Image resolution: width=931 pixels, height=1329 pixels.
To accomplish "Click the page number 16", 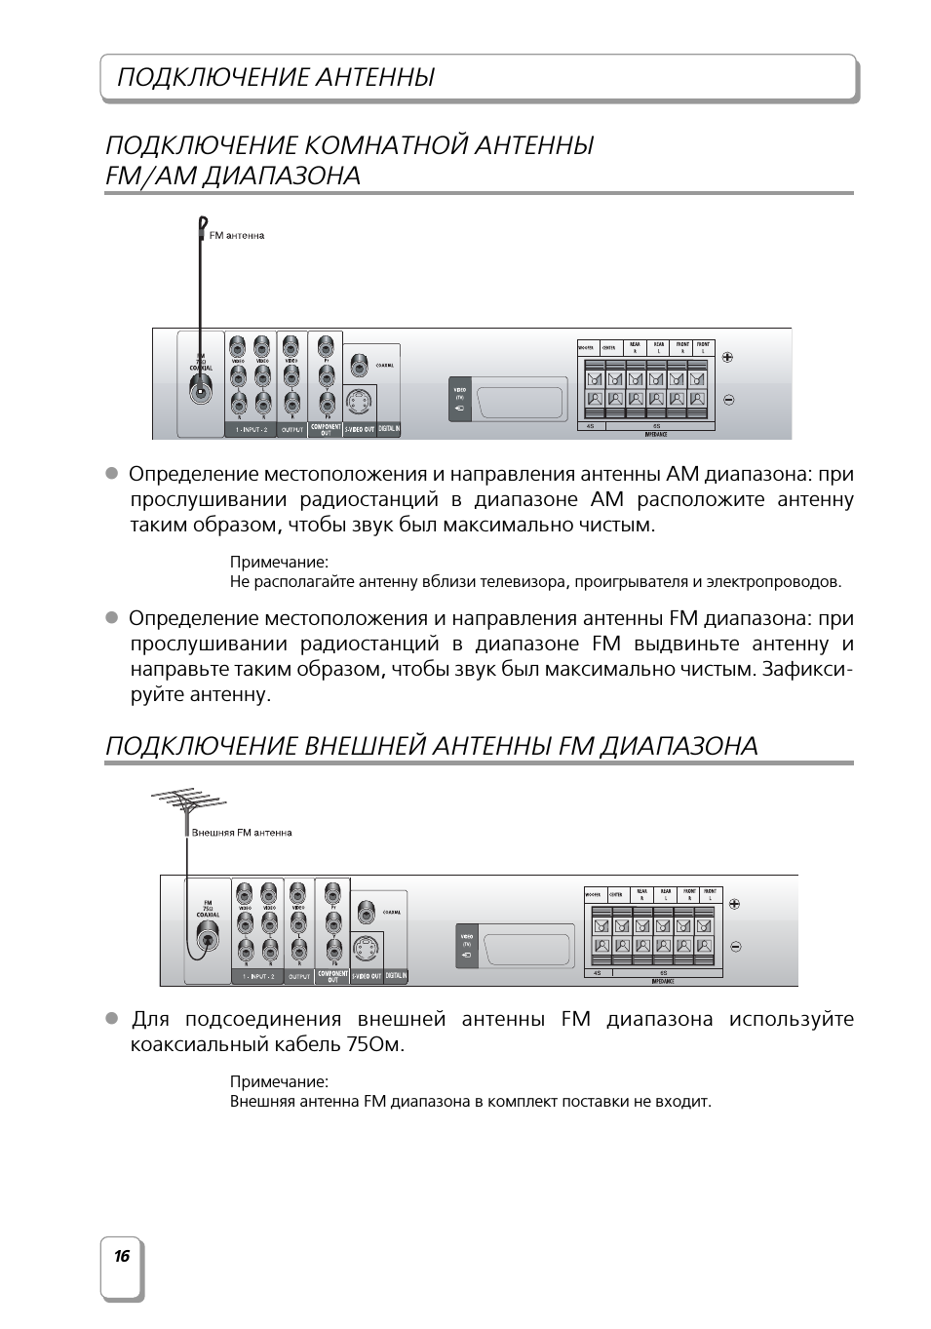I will (121, 1256).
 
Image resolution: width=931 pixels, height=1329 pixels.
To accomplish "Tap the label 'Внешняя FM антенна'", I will (242, 833).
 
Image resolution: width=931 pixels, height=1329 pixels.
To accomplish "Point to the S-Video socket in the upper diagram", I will (359, 401).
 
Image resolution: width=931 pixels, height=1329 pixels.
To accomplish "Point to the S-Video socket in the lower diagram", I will (366, 948).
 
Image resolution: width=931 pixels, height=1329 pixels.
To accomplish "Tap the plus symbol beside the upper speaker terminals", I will (727, 356).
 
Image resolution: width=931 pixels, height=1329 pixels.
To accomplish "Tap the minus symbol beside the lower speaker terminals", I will (735, 946).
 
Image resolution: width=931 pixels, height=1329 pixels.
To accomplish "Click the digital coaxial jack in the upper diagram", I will (359, 366).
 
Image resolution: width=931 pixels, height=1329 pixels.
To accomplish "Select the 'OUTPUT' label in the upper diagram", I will (292, 430).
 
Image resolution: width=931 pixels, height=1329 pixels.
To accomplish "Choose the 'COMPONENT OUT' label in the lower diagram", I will (332, 975).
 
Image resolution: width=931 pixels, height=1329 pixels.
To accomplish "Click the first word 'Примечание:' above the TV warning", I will (279, 562).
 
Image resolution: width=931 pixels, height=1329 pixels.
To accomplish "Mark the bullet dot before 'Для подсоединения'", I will (111, 1018).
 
